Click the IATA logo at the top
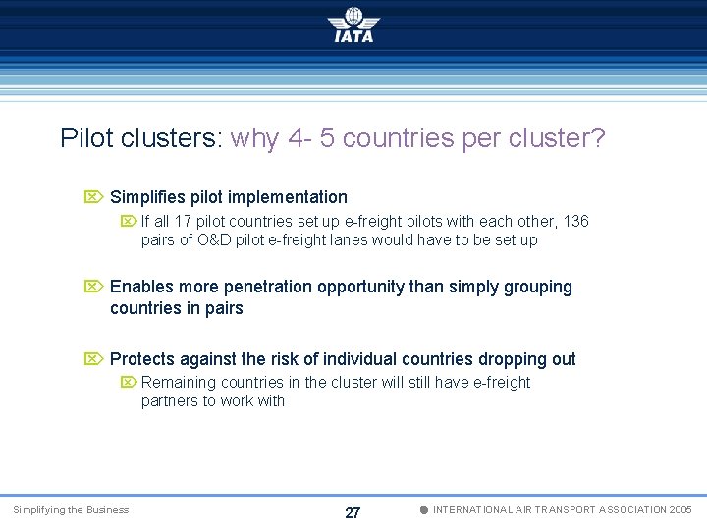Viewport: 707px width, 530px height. (x=353, y=26)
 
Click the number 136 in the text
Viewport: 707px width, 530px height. (x=574, y=222)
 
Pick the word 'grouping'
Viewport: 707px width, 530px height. (x=538, y=287)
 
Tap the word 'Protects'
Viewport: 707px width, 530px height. (x=141, y=359)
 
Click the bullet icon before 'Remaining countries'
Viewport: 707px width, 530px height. (x=129, y=382)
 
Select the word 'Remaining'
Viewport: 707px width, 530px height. (x=179, y=382)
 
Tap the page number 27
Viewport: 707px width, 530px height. (x=353, y=512)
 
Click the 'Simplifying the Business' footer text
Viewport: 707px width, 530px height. (x=70, y=510)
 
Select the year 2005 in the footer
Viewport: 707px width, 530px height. (x=680, y=510)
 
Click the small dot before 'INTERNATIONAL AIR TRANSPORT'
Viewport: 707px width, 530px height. (x=423, y=510)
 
